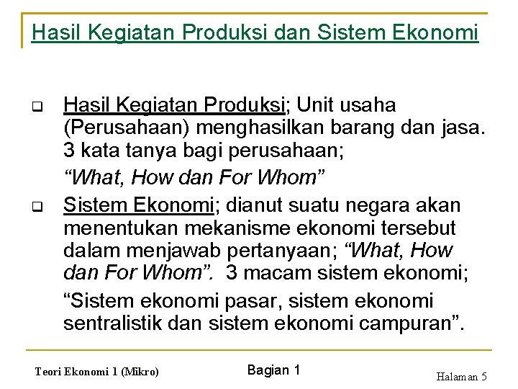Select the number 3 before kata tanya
tap(69, 153)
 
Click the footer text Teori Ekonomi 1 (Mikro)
tap(96, 372)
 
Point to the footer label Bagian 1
tap(273, 370)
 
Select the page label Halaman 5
tap(461, 376)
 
